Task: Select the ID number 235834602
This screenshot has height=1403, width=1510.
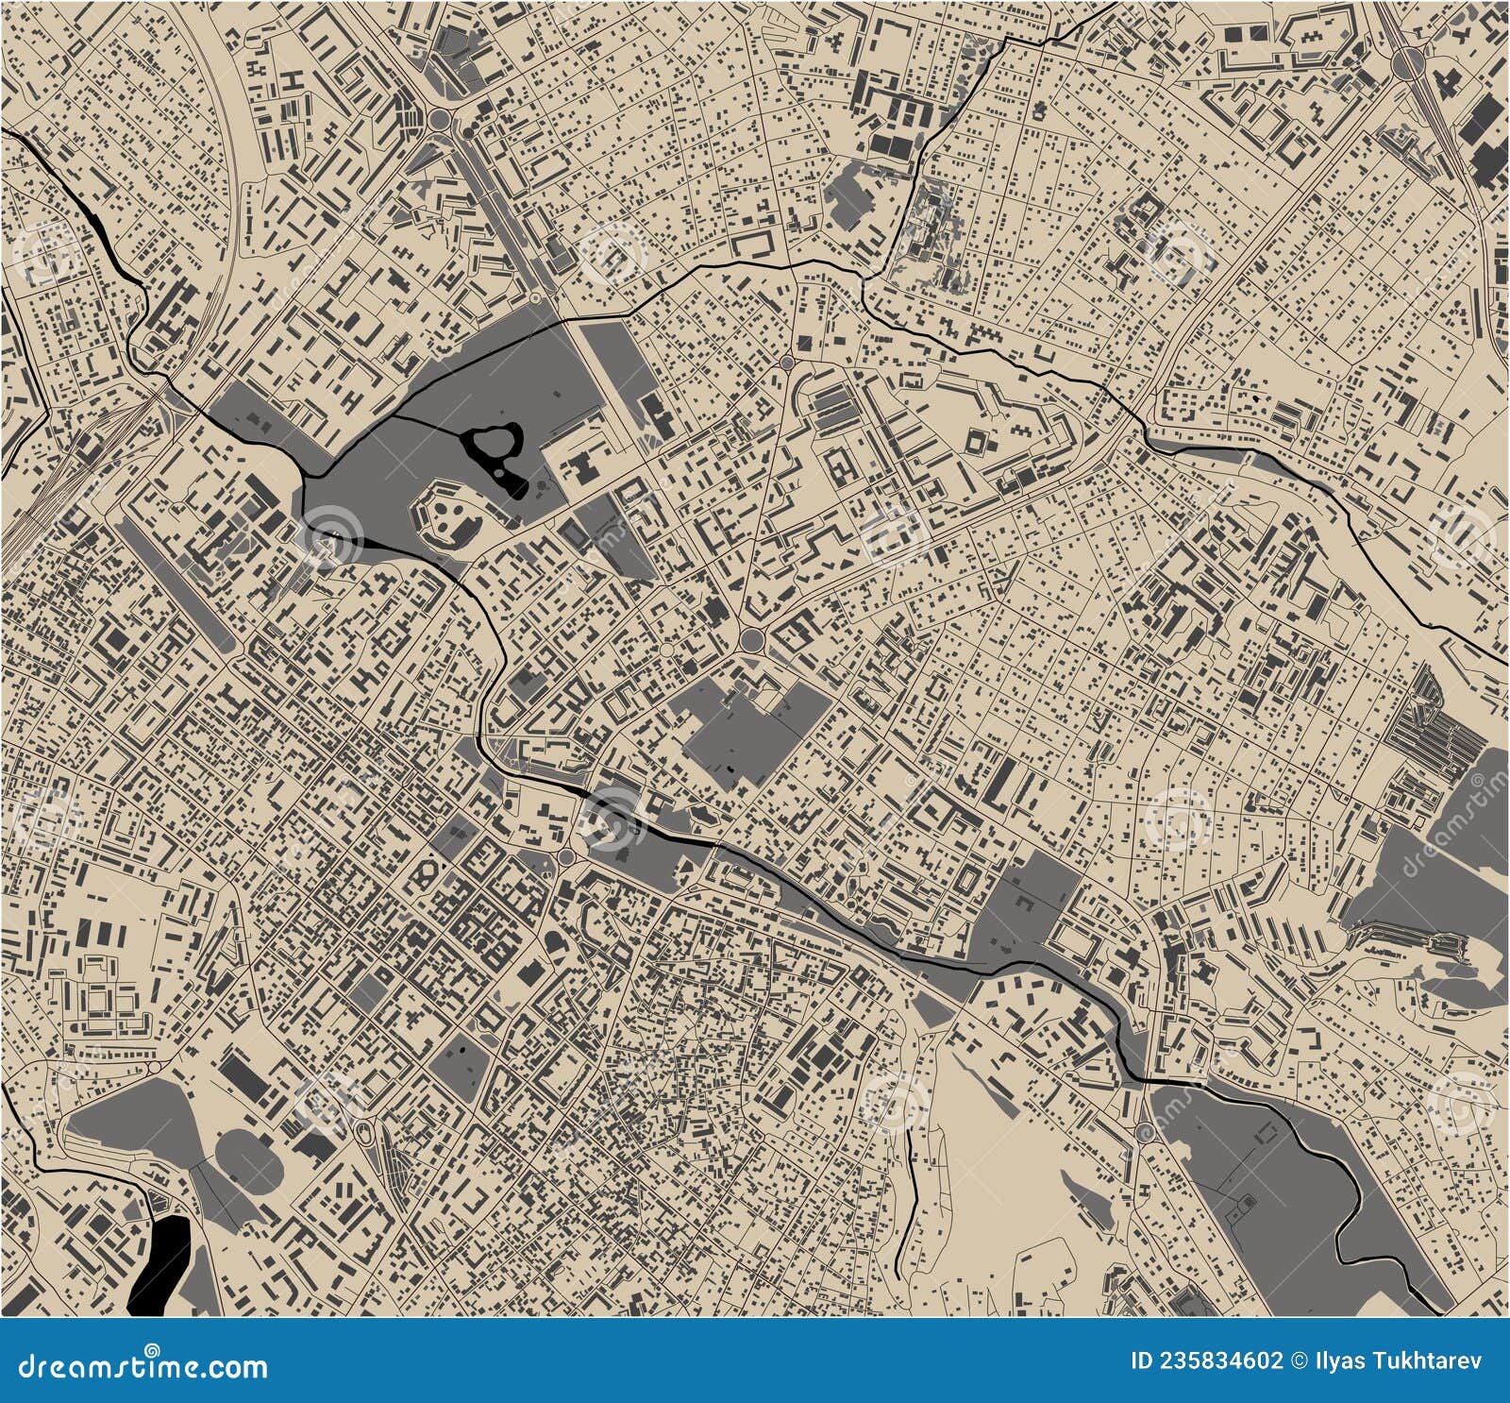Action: click(1207, 1361)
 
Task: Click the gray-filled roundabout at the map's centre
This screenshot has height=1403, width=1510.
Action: click(753, 640)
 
